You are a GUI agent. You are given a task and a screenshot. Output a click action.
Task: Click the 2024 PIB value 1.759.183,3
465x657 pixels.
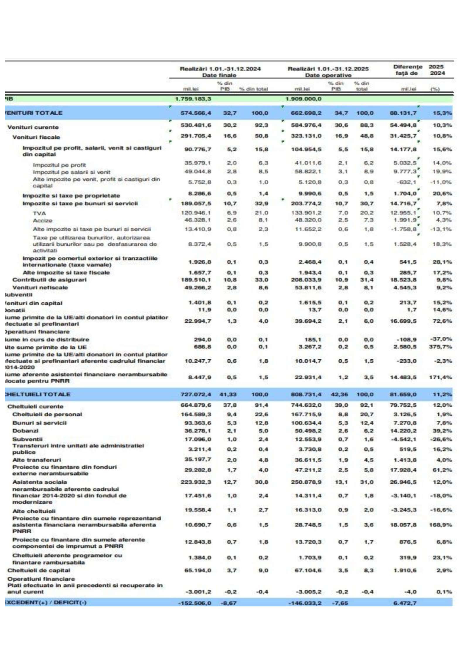tap(193, 99)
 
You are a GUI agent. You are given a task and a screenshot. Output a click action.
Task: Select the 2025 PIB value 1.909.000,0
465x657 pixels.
tap(303, 99)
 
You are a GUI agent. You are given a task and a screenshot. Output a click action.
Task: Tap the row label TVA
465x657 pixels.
tap(39, 213)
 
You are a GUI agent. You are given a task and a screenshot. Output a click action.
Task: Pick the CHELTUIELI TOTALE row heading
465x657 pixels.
tap(37, 394)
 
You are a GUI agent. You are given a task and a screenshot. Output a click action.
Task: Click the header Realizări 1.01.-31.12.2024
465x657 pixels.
tap(220, 69)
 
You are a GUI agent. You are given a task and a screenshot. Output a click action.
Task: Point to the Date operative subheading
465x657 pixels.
tap(328, 75)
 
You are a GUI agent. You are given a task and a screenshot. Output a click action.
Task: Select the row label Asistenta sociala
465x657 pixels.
tap(40, 482)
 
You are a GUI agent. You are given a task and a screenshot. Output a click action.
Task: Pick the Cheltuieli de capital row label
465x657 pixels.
tap(39, 570)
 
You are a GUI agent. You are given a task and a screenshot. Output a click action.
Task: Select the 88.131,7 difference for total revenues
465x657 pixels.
tap(403, 113)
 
